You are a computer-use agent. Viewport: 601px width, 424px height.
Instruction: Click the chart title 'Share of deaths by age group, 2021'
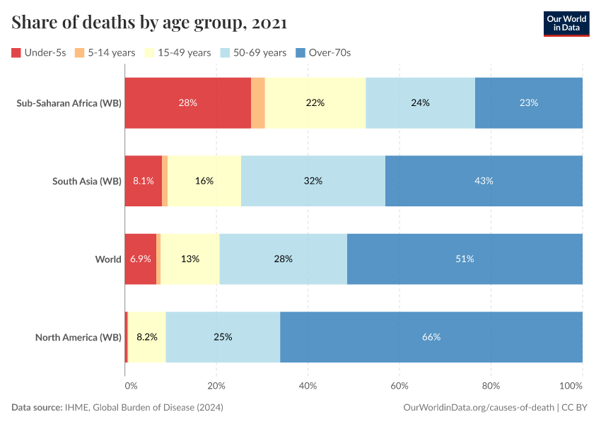[x=149, y=23]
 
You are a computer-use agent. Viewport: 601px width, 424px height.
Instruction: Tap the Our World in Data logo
[x=566, y=23]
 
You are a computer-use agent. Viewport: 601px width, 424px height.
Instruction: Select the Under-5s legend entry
[x=39, y=52]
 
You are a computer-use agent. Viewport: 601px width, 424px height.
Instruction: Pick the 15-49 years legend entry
[x=177, y=52]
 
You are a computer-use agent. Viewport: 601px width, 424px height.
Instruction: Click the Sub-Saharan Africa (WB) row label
[x=69, y=102]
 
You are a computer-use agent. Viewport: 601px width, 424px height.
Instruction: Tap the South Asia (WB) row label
[x=87, y=181]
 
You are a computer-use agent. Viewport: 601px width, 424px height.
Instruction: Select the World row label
[x=108, y=259]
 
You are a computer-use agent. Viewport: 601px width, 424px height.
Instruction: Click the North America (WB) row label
[x=78, y=337]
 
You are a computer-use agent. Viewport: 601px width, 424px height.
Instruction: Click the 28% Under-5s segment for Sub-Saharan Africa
[x=188, y=102]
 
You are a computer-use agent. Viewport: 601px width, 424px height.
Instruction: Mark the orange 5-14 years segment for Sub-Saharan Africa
[x=258, y=102]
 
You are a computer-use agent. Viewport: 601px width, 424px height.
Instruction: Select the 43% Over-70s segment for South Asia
[x=484, y=181]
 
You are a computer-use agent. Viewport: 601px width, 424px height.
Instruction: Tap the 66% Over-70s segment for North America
[x=431, y=337]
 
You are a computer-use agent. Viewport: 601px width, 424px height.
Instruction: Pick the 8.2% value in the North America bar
[x=147, y=337]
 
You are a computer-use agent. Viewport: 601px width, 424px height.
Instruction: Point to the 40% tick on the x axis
[x=308, y=386]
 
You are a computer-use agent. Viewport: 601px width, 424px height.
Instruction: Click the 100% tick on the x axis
[x=571, y=386]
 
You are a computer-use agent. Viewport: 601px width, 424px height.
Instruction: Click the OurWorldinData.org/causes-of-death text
[x=478, y=408]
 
